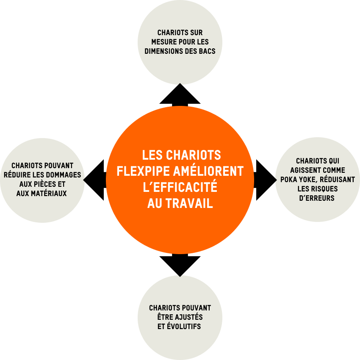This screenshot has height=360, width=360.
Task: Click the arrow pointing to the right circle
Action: pos(265,180)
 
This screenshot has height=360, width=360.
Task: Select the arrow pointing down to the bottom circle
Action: pos(180,265)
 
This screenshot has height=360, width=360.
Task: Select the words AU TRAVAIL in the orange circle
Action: pos(180,204)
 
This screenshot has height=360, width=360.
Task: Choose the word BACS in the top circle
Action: pos(206,51)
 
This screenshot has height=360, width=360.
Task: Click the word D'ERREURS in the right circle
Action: pos(317,198)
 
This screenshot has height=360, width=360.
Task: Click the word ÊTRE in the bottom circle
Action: pos(165,317)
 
